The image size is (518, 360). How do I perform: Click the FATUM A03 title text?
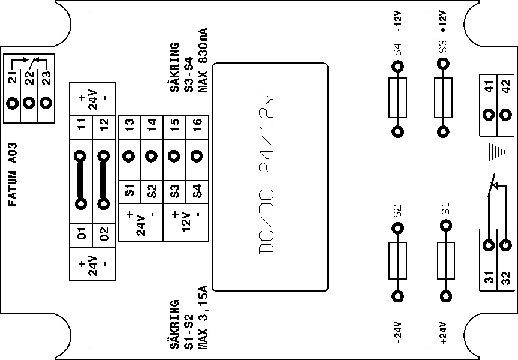tap(12, 174)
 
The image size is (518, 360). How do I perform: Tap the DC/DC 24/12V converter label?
tap(266, 175)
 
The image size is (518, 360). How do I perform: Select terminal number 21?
tap(13, 77)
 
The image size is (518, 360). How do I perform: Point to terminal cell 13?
tap(129, 127)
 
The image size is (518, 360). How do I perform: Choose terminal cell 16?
tap(197, 127)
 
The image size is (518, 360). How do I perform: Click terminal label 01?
tap(81, 233)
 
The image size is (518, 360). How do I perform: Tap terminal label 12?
tap(104, 124)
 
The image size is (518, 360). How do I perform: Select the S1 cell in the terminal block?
tap(129, 192)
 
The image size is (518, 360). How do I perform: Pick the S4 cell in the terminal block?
tap(197, 192)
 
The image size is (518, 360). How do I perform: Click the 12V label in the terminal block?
tap(186, 222)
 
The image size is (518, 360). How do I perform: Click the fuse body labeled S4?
tap(397, 98)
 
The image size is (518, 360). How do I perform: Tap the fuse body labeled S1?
tap(446, 261)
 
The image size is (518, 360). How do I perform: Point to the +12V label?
tap(443, 21)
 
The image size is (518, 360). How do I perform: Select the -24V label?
tap(397, 332)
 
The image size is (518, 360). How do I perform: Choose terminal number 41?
tap(489, 86)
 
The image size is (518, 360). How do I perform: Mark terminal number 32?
tap(506, 278)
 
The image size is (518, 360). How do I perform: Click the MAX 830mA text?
tap(203, 60)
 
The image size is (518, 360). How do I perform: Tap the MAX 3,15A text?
tap(203, 317)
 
